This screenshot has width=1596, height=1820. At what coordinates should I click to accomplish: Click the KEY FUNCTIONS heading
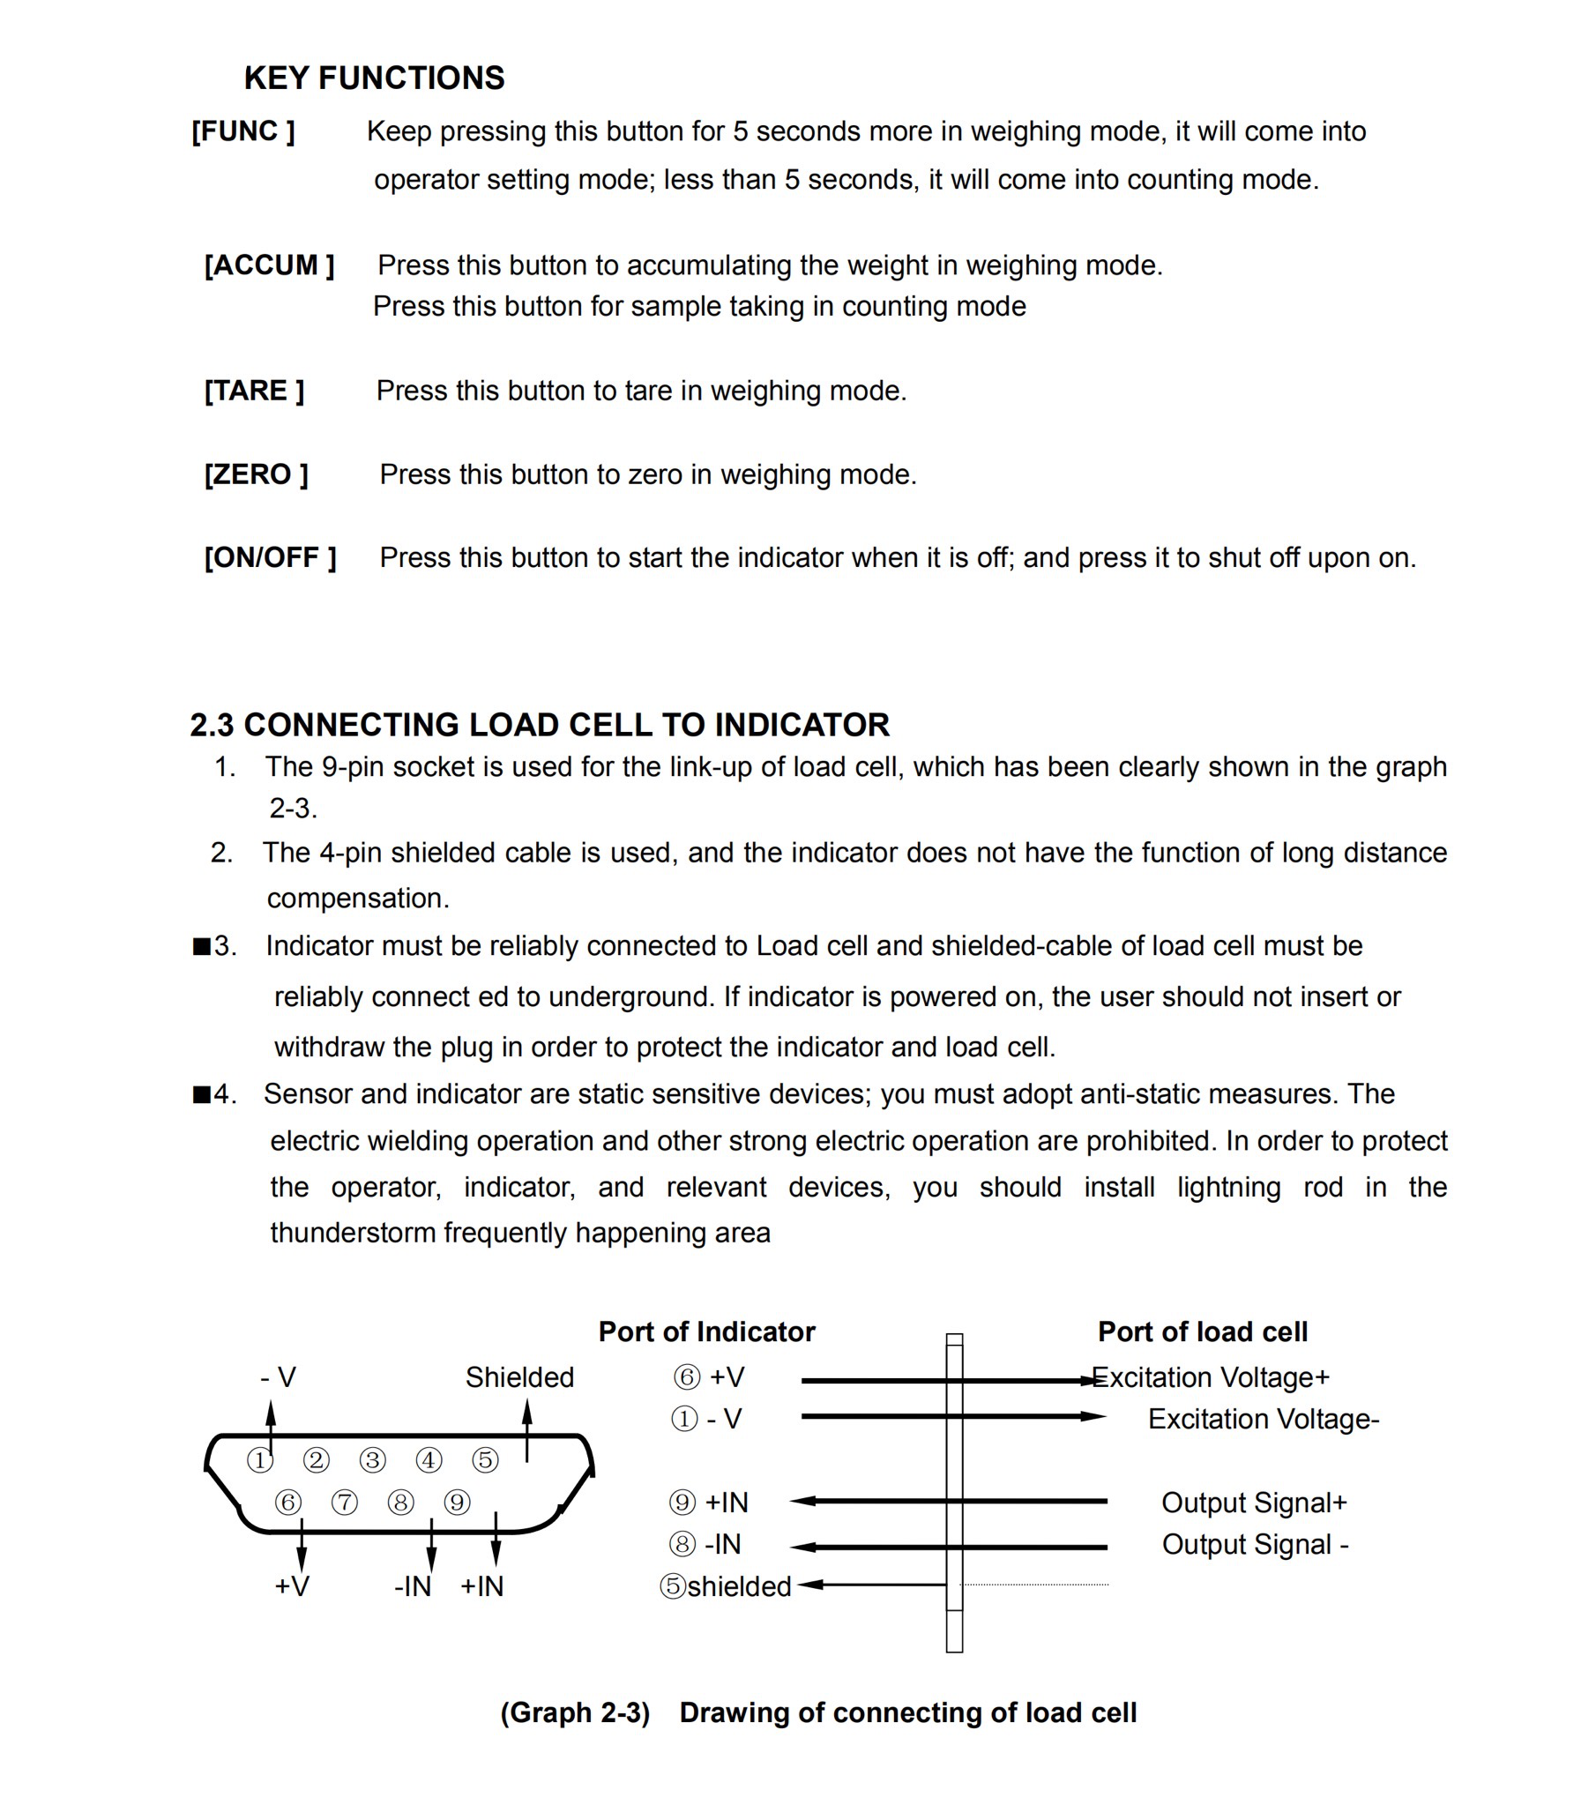[x=374, y=78]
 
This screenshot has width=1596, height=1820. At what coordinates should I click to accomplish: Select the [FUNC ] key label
[x=243, y=131]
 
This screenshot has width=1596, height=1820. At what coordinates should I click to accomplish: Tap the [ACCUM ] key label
[x=269, y=265]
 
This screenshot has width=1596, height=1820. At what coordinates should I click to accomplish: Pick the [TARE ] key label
[x=254, y=391]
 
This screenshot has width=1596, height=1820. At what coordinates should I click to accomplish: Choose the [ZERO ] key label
[x=256, y=474]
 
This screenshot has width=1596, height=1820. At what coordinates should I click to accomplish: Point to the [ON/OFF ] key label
[x=270, y=558]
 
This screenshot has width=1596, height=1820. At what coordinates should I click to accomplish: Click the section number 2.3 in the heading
[x=211, y=725]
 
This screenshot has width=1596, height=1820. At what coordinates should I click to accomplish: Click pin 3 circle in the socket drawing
[x=372, y=1460]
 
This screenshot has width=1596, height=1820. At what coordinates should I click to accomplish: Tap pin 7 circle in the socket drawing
[x=344, y=1503]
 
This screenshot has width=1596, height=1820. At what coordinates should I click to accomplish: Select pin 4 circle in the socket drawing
[x=429, y=1460]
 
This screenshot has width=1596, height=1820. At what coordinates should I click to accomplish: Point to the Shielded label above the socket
[x=519, y=1377]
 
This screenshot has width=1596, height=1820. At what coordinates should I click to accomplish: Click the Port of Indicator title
[x=706, y=1332]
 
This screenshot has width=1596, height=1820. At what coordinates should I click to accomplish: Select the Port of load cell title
[x=1203, y=1332]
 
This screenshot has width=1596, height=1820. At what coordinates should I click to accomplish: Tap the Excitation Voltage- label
[x=1263, y=1420]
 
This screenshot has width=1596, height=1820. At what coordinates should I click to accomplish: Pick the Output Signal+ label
[x=1254, y=1503]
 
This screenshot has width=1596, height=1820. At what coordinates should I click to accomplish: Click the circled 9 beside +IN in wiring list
[x=682, y=1503]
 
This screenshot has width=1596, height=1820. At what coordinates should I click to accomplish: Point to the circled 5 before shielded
[x=673, y=1585]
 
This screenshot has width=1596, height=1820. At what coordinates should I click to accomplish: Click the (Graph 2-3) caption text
[x=574, y=1713]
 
